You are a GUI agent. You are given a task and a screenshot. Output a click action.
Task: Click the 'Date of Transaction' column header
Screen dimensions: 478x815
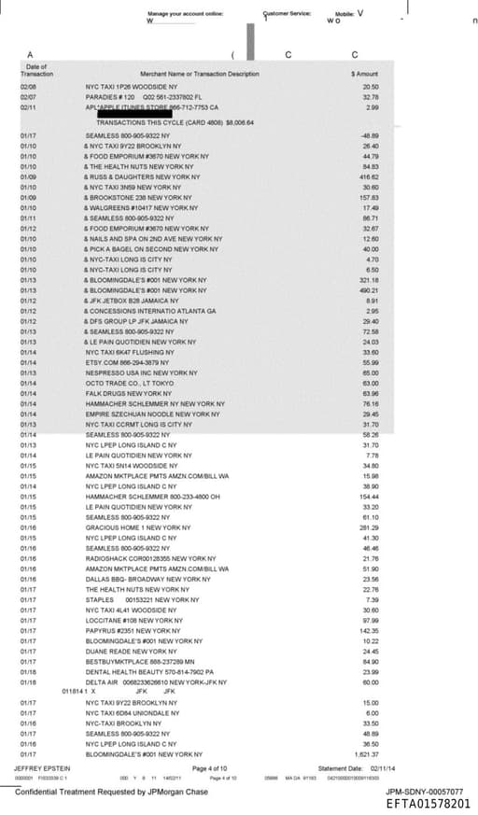(x=37, y=70)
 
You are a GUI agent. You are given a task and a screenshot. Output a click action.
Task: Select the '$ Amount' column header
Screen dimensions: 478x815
(x=364, y=74)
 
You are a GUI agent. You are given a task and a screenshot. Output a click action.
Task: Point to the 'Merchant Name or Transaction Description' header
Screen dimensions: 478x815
(x=200, y=74)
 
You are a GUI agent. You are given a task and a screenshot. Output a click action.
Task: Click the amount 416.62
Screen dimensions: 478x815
(x=368, y=176)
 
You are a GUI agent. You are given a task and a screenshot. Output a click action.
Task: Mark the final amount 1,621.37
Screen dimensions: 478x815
(x=368, y=753)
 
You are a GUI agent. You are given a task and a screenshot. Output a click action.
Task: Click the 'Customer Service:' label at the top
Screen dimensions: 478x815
(x=285, y=14)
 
